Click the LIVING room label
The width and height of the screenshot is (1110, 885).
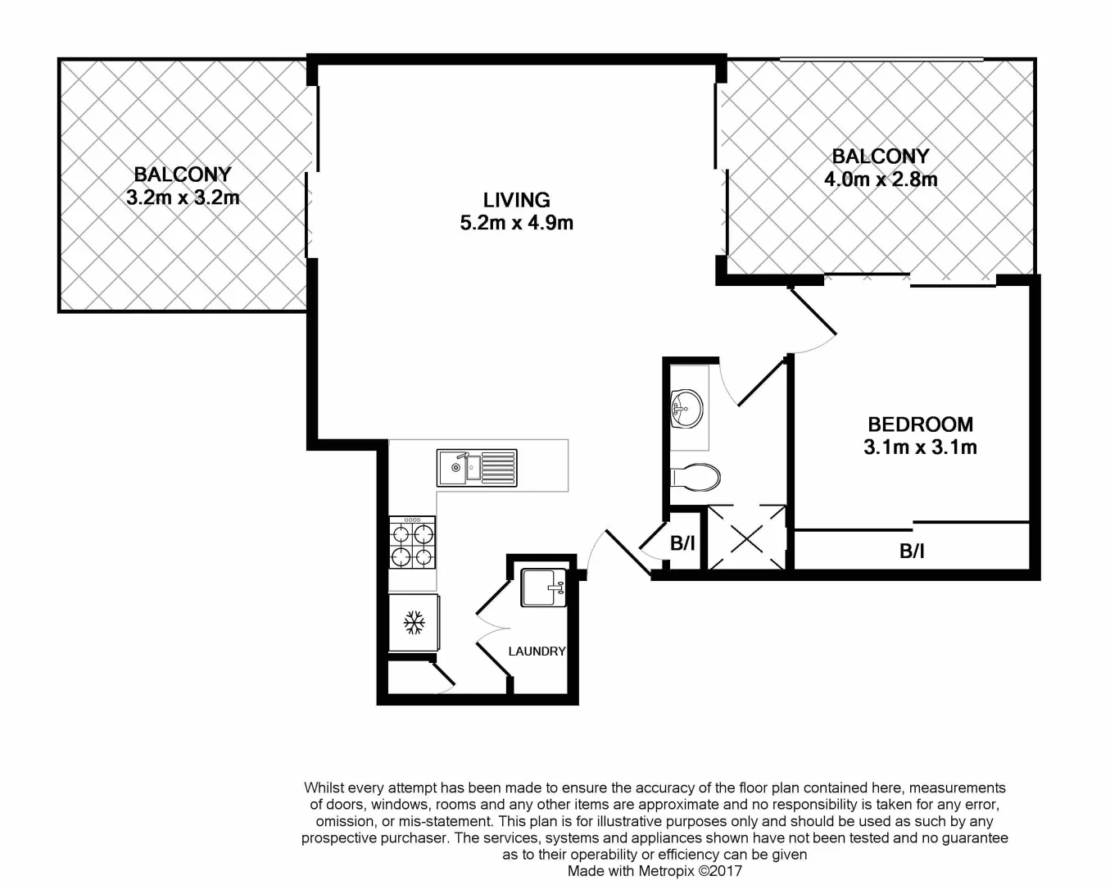516,200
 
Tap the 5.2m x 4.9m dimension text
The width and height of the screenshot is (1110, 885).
516,222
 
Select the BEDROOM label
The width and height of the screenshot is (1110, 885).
920,424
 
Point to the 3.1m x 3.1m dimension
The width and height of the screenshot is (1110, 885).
920,447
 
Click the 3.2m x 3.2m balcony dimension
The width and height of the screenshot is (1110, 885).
183,197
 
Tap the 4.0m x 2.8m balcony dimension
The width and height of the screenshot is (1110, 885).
881,179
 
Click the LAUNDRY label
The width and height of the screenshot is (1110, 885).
537,651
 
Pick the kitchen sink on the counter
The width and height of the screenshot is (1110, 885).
477,468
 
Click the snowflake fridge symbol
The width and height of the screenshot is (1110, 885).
414,624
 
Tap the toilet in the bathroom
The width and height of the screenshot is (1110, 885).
695,476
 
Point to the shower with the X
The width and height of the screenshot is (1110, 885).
746,538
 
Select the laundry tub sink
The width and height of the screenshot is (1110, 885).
544,588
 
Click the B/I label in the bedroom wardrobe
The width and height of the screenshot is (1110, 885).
912,551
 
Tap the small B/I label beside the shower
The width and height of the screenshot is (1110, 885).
682,543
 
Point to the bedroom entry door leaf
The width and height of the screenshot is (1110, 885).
812,311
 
